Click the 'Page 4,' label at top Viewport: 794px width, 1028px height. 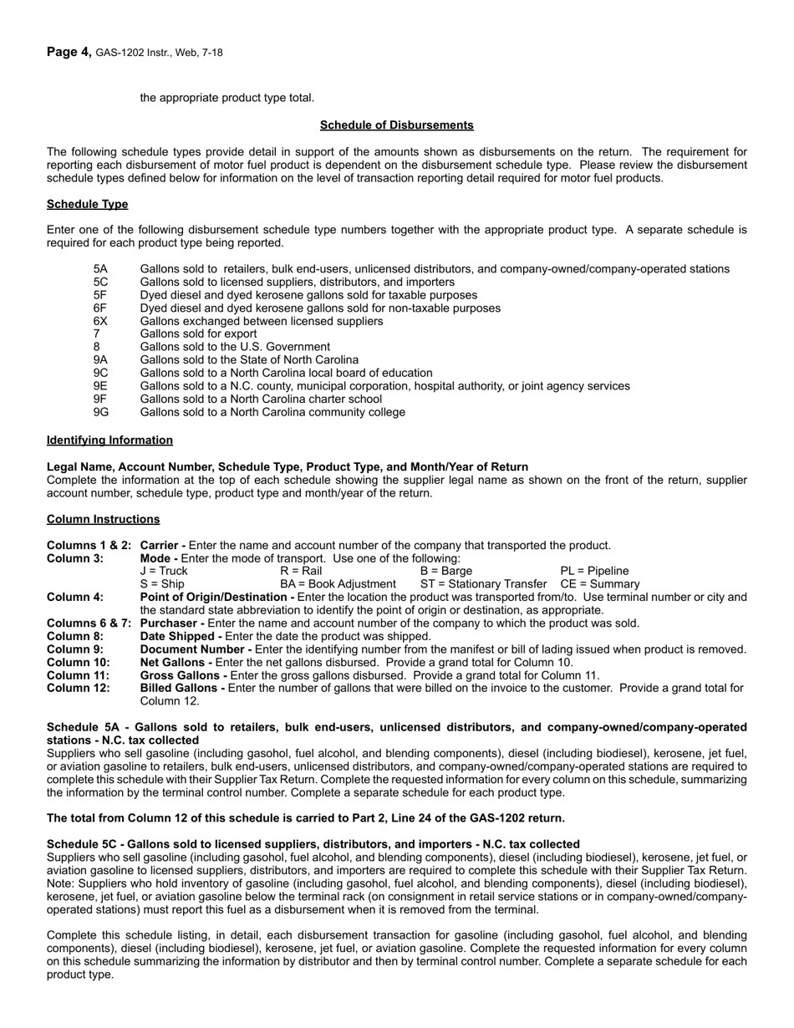[69, 52]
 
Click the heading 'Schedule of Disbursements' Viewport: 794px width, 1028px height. [396, 125]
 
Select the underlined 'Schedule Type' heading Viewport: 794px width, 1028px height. [87, 204]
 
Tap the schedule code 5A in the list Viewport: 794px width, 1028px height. [100, 269]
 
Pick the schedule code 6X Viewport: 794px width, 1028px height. [100, 321]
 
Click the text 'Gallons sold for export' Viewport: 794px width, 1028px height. [198, 333]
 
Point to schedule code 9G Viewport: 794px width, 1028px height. [101, 412]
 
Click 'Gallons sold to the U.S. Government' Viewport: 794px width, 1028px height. [235, 347]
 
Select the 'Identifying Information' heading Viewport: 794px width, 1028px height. [109, 440]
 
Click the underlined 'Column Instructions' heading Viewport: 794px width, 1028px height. [103, 519]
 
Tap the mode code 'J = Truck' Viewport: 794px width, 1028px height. [164, 571]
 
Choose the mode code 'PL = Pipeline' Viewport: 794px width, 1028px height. [594, 571]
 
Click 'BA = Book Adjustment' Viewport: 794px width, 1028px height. [338, 584]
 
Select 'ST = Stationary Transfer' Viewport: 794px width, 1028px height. [483, 584]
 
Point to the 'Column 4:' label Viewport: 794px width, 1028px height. [75, 597]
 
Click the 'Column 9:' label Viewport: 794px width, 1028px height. [75, 649]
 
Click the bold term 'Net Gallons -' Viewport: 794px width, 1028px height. [176, 662]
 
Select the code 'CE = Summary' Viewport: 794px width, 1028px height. [599, 584]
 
